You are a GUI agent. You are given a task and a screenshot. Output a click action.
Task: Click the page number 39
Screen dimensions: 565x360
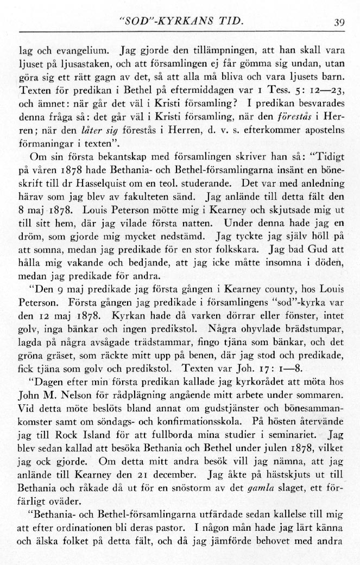click(x=340, y=23)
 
